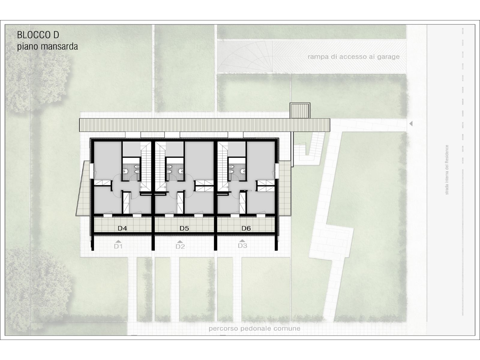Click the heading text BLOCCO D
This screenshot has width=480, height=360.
(x=38, y=35)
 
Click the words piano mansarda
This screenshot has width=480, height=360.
(x=47, y=46)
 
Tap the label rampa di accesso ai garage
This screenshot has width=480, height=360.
(x=354, y=57)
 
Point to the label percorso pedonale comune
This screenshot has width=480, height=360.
(x=254, y=328)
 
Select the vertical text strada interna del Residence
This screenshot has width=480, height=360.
(x=447, y=170)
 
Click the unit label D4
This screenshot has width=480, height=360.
(x=122, y=228)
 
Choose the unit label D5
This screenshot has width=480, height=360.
(x=184, y=228)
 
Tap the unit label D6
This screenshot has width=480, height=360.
(x=246, y=228)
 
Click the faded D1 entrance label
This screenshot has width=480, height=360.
(x=118, y=246)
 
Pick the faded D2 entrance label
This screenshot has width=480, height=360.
(x=180, y=247)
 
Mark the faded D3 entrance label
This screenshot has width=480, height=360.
(x=242, y=246)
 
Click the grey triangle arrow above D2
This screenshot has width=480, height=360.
(x=180, y=242)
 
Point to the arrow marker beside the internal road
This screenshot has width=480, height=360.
(x=411, y=124)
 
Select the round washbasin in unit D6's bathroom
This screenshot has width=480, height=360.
(x=242, y=171)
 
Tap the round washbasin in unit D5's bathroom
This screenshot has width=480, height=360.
(x=181, y=171)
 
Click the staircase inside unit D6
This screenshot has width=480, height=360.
(x=223, y=166)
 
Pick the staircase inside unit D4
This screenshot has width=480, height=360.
(x=145, y=166)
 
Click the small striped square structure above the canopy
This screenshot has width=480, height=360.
(x=300, y=111)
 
